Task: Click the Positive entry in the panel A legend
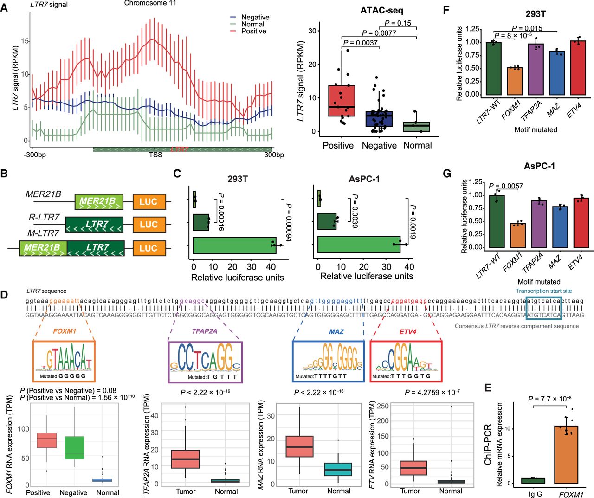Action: click(253, 31)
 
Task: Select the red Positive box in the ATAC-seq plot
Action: click(342, 100)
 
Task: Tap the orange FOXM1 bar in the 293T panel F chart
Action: click(514, 81)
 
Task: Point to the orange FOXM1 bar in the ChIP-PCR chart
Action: click(566, 454)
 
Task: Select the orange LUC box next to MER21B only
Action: click(148, 201)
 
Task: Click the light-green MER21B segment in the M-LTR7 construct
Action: click(43, 248)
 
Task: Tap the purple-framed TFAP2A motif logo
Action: click(204, 362)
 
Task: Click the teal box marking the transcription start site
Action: click(543, 308)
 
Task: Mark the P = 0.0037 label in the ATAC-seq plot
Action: click(361, 43)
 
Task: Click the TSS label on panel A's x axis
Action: click(155, 155)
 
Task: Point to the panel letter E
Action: click(488, 388)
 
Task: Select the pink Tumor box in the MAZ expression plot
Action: click(299, 446)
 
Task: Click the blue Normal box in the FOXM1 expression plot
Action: click(107, 479)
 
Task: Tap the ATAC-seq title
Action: click(381, 10)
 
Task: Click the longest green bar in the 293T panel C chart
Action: click(234, 246)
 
